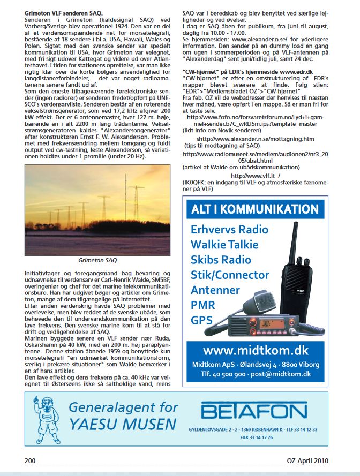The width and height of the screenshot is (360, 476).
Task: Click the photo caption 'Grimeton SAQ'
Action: [x=97, y=261]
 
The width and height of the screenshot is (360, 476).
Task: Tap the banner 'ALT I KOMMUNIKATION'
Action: [x=255, y=209]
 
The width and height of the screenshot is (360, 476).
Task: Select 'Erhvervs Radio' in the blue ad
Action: [x=229, y=230]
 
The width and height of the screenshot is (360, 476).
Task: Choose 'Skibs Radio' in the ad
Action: [x=221, y=260]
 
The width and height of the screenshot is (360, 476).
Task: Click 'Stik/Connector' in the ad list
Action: [x=230, y=275]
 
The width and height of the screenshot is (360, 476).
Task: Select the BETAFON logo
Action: [x=254, y=412]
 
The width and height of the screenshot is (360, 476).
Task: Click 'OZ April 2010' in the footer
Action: [x=307, y=460]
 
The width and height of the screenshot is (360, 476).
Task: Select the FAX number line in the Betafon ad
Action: [x=253, y=437]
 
